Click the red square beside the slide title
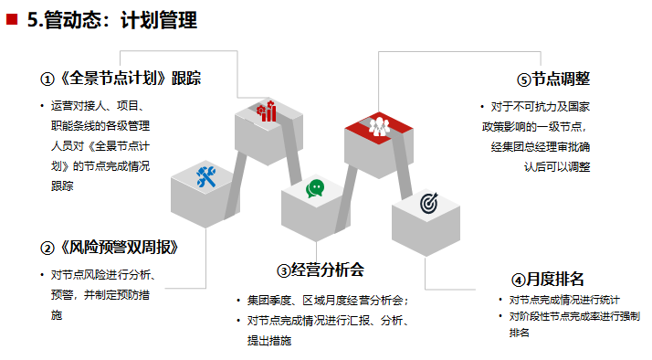[12, 18]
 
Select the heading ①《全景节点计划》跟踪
[121, 79]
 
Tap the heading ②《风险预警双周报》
[109, 249]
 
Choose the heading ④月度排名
[548, 279]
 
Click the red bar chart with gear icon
[268, 111]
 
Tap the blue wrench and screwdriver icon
[205, 177]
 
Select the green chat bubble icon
[315, 188]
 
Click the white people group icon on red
[379, 126]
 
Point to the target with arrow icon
[429, 203]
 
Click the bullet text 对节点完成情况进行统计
[563, 300]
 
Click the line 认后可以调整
[557, 167]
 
